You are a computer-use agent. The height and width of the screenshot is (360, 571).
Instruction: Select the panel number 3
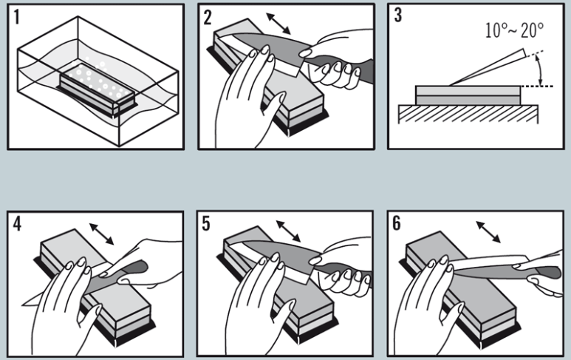pyautogui.click(x=399, y=16)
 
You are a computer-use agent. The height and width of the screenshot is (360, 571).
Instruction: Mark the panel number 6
pyautogui.click(x=399, y=224)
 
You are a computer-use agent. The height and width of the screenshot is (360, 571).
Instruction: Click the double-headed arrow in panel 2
pyautogui.click(x=277, y=22)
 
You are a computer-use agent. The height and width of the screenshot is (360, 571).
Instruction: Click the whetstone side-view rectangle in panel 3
pyautogui.click(x=468, y=95)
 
